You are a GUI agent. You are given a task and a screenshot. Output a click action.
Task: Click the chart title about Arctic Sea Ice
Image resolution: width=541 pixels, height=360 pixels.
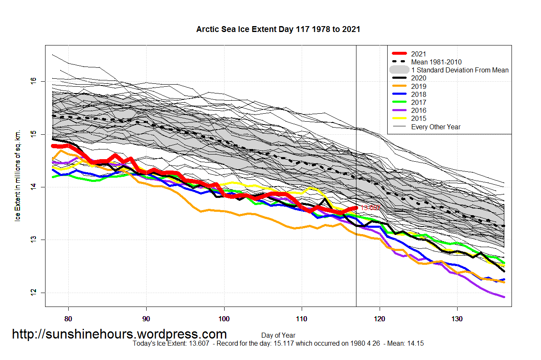(278, 29)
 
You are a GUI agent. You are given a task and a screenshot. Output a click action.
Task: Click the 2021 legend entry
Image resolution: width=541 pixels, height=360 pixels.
(418, 54)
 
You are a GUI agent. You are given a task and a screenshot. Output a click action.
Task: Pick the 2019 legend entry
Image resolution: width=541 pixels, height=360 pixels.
(418, 86)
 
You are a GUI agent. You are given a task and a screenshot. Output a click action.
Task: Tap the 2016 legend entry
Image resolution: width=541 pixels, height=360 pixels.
(418, 110)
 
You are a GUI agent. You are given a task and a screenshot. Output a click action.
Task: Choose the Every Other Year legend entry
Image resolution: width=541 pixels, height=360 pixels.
(436, 127)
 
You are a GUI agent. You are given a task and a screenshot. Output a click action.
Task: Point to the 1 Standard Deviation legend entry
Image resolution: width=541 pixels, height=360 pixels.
(460, 70)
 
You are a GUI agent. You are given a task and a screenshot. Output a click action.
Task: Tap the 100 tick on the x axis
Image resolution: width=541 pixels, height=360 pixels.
(224, 319)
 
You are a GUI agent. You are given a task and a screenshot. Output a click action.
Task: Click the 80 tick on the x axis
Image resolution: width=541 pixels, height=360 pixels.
(68, 319)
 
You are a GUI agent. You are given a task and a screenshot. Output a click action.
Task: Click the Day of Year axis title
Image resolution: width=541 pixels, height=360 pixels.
(278, 336)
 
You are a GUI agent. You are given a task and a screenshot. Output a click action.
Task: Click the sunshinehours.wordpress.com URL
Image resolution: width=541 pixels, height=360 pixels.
(119, 334)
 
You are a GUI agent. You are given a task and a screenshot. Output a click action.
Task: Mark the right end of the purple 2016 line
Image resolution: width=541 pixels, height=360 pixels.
(504, 297)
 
